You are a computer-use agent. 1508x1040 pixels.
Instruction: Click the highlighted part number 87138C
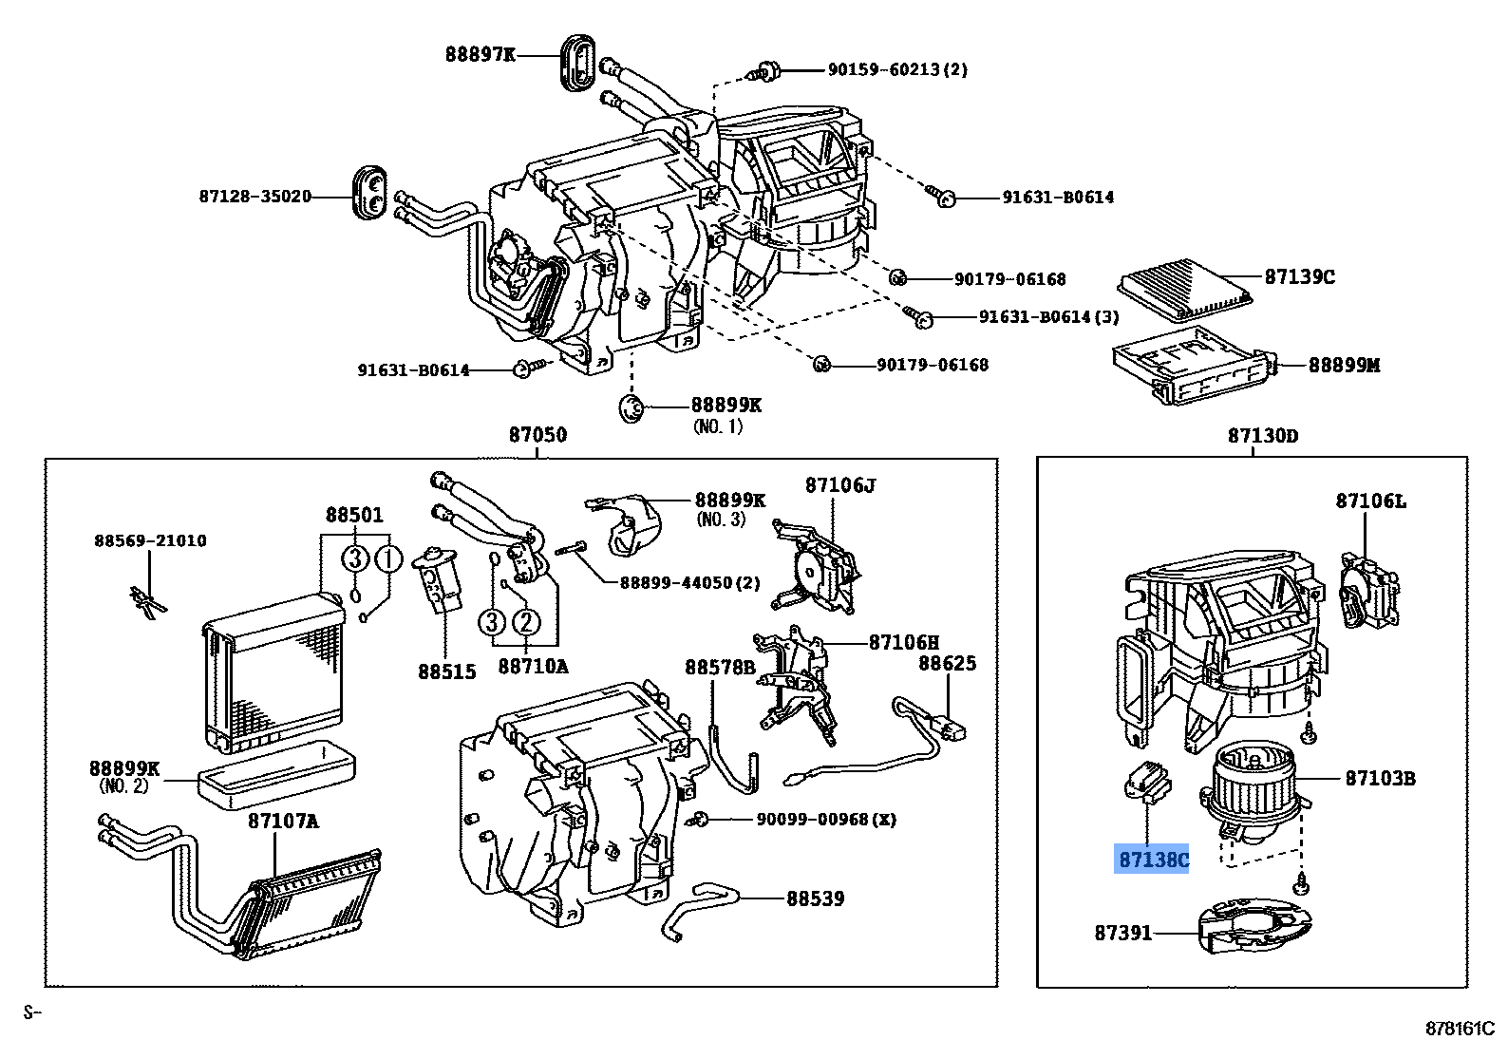click(x=1153, y=860)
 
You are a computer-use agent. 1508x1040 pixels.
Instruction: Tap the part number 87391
click(x=1122, y=933)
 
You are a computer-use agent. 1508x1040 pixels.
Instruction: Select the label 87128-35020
click(x=254, y=197)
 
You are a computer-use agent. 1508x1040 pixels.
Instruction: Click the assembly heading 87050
click(x=537, y=435)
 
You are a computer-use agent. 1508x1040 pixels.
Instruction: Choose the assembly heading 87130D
click(x=1262, y=436)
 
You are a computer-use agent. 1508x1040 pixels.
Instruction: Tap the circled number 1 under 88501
click(x=387, y=559)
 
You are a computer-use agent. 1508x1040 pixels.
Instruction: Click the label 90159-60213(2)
click(x=896, y=69)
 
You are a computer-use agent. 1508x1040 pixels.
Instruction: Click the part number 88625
click(x=946, y=664)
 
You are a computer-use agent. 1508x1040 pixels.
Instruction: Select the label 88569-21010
click(x=150, y=540)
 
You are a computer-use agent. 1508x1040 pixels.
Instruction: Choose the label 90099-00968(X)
click(x=825, y=819)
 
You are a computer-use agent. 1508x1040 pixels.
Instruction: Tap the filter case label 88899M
click(x=1344, y=365)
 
